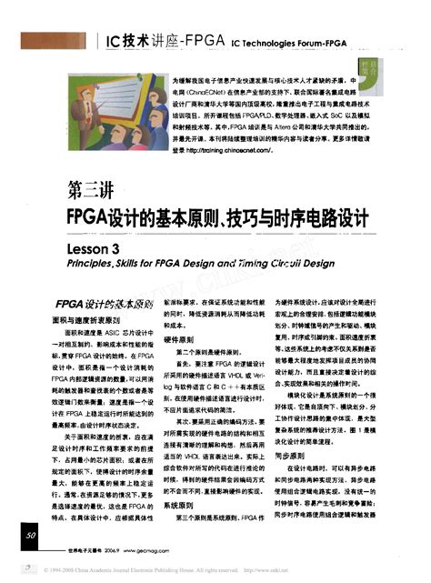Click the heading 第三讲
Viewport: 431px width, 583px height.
[x=90, y=191]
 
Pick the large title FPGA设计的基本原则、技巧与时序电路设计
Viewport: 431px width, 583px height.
[x=218, y=219]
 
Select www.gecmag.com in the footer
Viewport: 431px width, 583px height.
[x=151, y=552]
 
